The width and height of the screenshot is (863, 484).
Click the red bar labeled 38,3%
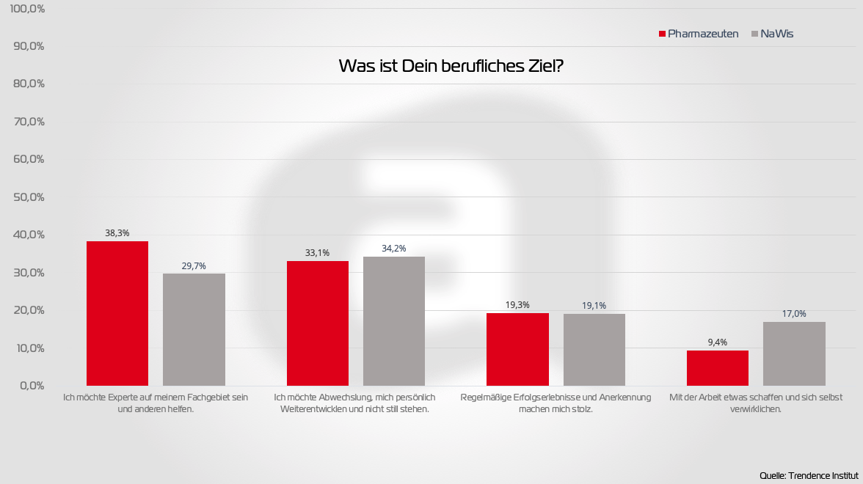[117, 313]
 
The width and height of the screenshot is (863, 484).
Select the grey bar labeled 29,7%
[194, 329]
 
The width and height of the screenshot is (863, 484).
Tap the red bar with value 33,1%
[318, 323]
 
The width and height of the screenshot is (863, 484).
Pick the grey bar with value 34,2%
[394, 320]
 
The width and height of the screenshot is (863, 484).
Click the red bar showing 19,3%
[518, 349]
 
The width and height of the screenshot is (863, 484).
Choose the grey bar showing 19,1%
[594, 350]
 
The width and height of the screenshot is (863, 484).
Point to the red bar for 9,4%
[718, 367]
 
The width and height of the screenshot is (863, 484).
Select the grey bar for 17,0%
[794, 353]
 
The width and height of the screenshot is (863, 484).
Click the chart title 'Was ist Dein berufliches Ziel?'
[451, 66]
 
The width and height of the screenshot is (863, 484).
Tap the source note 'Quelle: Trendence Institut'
[809, 475]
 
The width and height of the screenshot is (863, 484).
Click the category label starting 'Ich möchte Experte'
[156, 403]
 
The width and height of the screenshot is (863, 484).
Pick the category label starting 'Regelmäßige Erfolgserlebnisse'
[556, 403]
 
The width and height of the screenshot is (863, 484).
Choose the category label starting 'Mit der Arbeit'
[756, 403]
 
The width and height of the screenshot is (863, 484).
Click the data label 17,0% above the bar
[794, 314]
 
